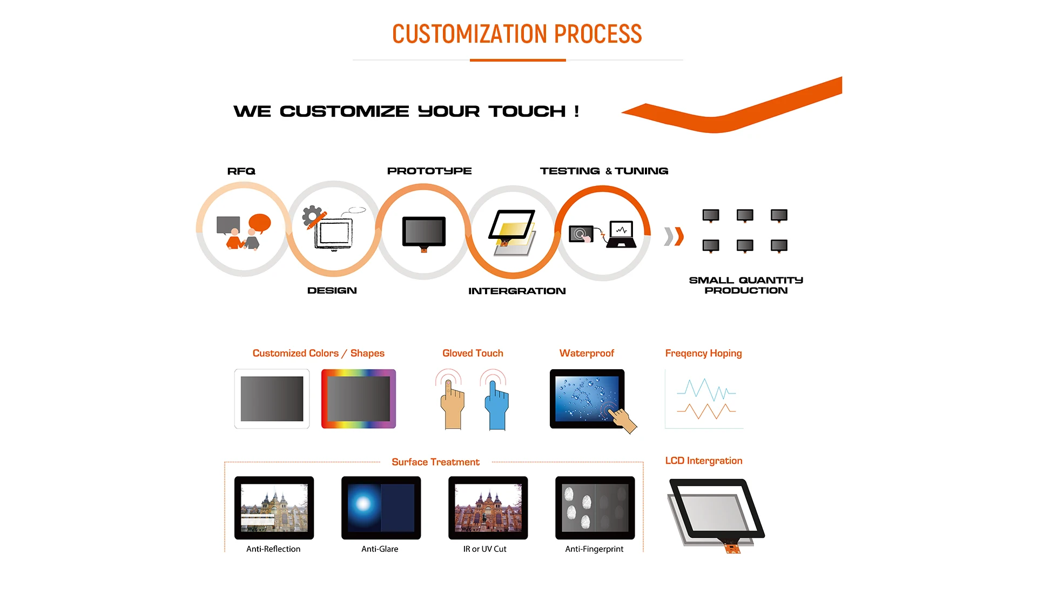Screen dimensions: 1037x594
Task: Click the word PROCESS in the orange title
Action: (598, 34)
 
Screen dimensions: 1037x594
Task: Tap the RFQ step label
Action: (241, 171)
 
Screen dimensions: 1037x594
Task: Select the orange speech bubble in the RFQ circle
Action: (260, 223)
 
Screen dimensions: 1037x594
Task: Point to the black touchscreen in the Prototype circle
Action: (424, 233)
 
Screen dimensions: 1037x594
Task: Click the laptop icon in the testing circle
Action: (621, 234)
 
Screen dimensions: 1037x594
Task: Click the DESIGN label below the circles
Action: (332, 290)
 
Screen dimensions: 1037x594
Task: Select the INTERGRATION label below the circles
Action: (517, 291)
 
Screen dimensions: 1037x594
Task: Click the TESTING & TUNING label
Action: (604, 171)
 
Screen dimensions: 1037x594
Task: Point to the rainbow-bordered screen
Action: (359, 399)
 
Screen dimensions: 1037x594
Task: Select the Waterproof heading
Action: (587, 353)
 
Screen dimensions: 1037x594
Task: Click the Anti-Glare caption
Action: (380, 549)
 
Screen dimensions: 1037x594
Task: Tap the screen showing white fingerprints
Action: (595, 508)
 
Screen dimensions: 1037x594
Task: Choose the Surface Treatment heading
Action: (435, 462)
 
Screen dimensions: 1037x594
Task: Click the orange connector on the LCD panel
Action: (732, 548)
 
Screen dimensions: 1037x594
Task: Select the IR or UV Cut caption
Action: (484, 549)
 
